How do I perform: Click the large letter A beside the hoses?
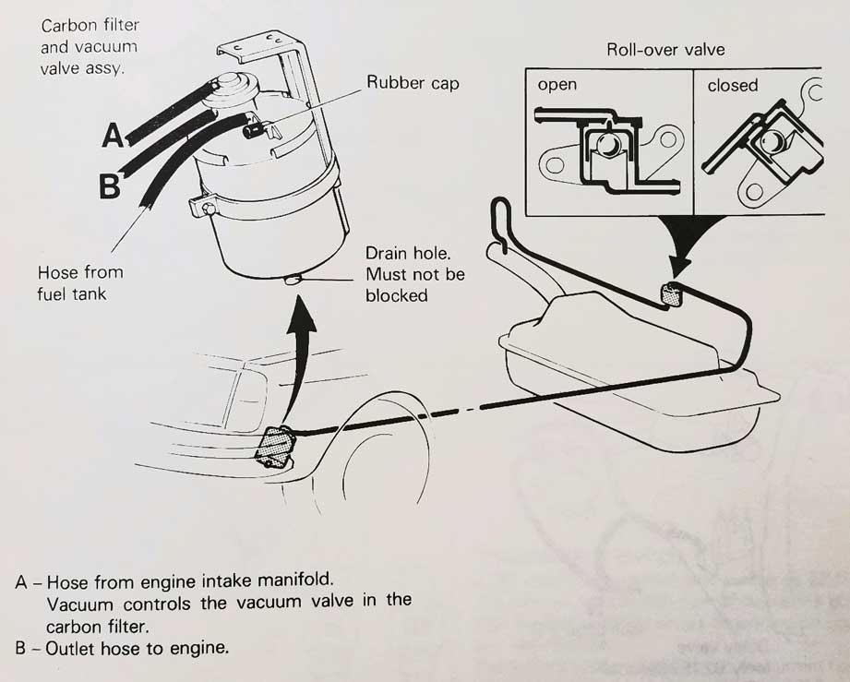(113, 136)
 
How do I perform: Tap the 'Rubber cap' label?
(413, 82)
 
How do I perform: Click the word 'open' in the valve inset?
(557, 85)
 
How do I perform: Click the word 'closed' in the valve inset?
(732, 85)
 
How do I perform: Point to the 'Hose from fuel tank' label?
(79, 283)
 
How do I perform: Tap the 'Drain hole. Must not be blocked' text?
(414, 274)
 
